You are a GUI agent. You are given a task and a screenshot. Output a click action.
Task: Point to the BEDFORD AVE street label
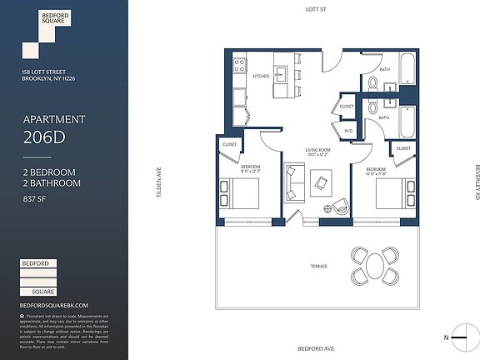(313, 349)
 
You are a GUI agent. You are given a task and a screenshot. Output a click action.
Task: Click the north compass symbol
(457, 337)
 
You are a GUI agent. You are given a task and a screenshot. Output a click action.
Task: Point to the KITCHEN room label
(262, 76)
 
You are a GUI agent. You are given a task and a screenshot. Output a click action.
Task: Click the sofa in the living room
(293, 182)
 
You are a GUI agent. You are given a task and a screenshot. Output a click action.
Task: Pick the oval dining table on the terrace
(375, 267)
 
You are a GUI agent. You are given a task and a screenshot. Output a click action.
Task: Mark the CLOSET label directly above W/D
(347, 107)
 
